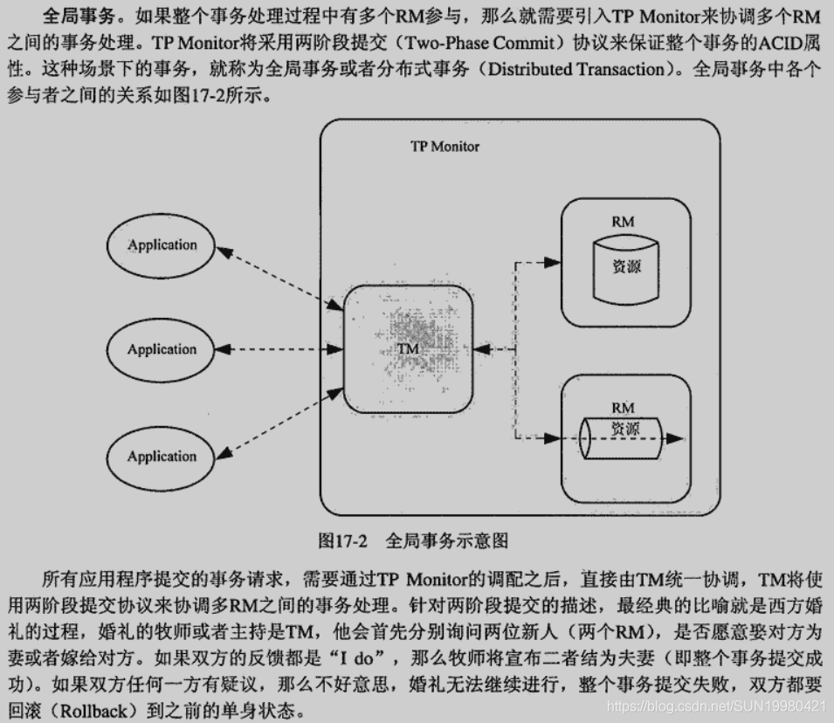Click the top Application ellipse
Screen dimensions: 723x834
(162, 245)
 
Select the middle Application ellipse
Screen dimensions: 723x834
(162, 350)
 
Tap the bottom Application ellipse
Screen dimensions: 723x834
(162, 457)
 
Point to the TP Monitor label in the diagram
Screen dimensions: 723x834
(445, 147)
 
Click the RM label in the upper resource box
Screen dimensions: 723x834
(623, 222)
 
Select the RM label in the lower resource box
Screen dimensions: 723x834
(623, 407)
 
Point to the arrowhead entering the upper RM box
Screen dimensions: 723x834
(553, 261)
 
